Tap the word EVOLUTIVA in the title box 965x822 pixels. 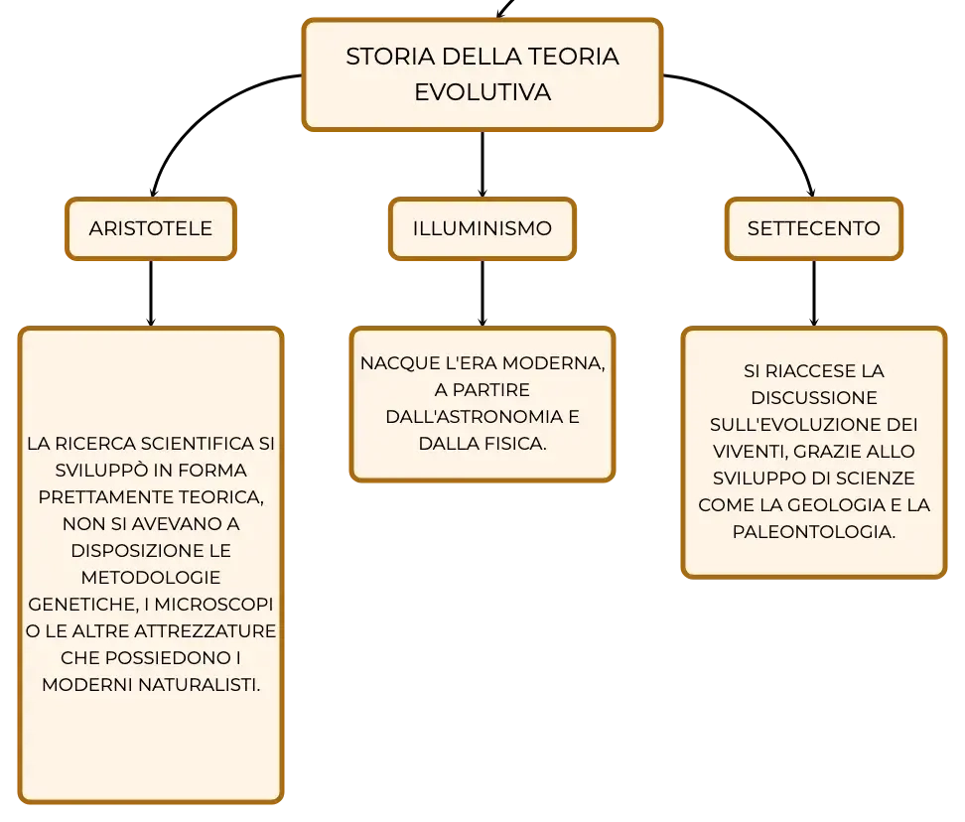coord(482,92)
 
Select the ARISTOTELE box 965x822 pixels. coord(151,229)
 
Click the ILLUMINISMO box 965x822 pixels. coord(482,229)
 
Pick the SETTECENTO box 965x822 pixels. coord(814,229)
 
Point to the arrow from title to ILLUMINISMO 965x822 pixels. coord(482,164)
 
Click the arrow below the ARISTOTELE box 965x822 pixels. coord(151,294)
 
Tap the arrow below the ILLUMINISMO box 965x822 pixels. coord(482,294)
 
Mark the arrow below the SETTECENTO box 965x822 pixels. coord(814,294)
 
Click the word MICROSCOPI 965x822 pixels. coord(213,605)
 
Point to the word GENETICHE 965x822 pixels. coord(83,605)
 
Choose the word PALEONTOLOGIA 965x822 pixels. coord(814,531)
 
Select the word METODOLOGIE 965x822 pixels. coord(151,578)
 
